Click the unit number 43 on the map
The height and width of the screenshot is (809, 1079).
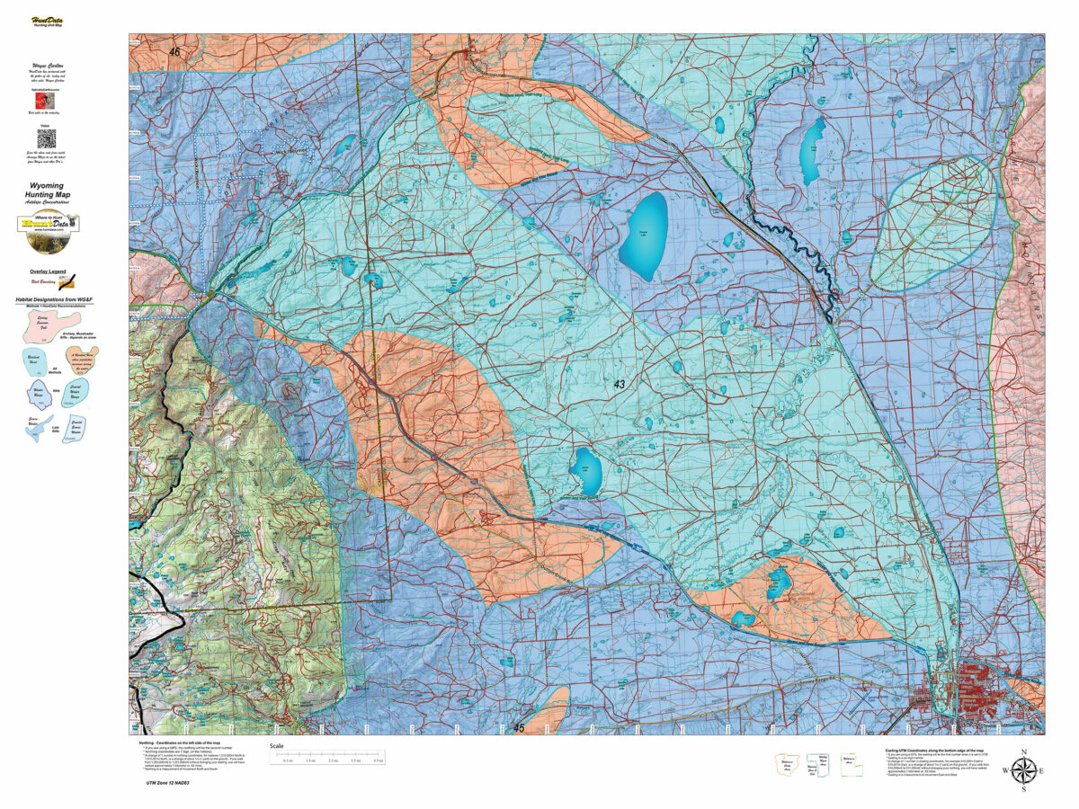(619, 384)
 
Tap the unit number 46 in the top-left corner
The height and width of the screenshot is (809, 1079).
(174, 53)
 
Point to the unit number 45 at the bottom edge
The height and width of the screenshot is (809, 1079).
(518, 727)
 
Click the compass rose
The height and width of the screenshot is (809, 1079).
(1023, 770)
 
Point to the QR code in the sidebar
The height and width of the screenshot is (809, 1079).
(46, 138)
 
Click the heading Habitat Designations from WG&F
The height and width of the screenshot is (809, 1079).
(54, 298)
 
